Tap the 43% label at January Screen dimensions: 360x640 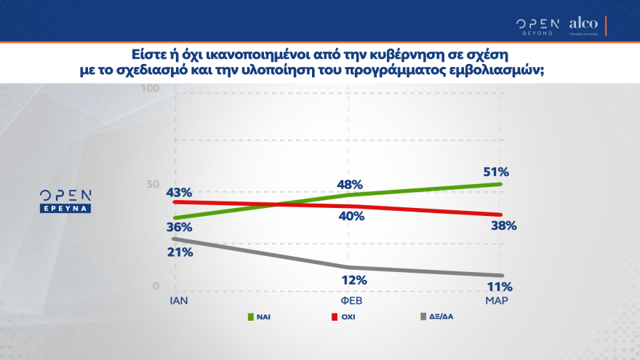coord(178,193)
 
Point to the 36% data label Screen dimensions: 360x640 coord(178,227)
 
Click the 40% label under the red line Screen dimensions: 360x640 coord(351,216)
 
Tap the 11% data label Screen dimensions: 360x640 coord(500,286)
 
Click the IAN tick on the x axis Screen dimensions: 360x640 coord(179,300)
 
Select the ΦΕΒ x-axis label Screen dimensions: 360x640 coord(353,300)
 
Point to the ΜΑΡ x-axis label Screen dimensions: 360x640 coord(497,300)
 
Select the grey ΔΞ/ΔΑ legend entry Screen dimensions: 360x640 coord(436,317)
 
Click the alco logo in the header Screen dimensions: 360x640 coord(583,24)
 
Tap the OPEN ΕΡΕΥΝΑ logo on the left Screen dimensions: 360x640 coord(65,201)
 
